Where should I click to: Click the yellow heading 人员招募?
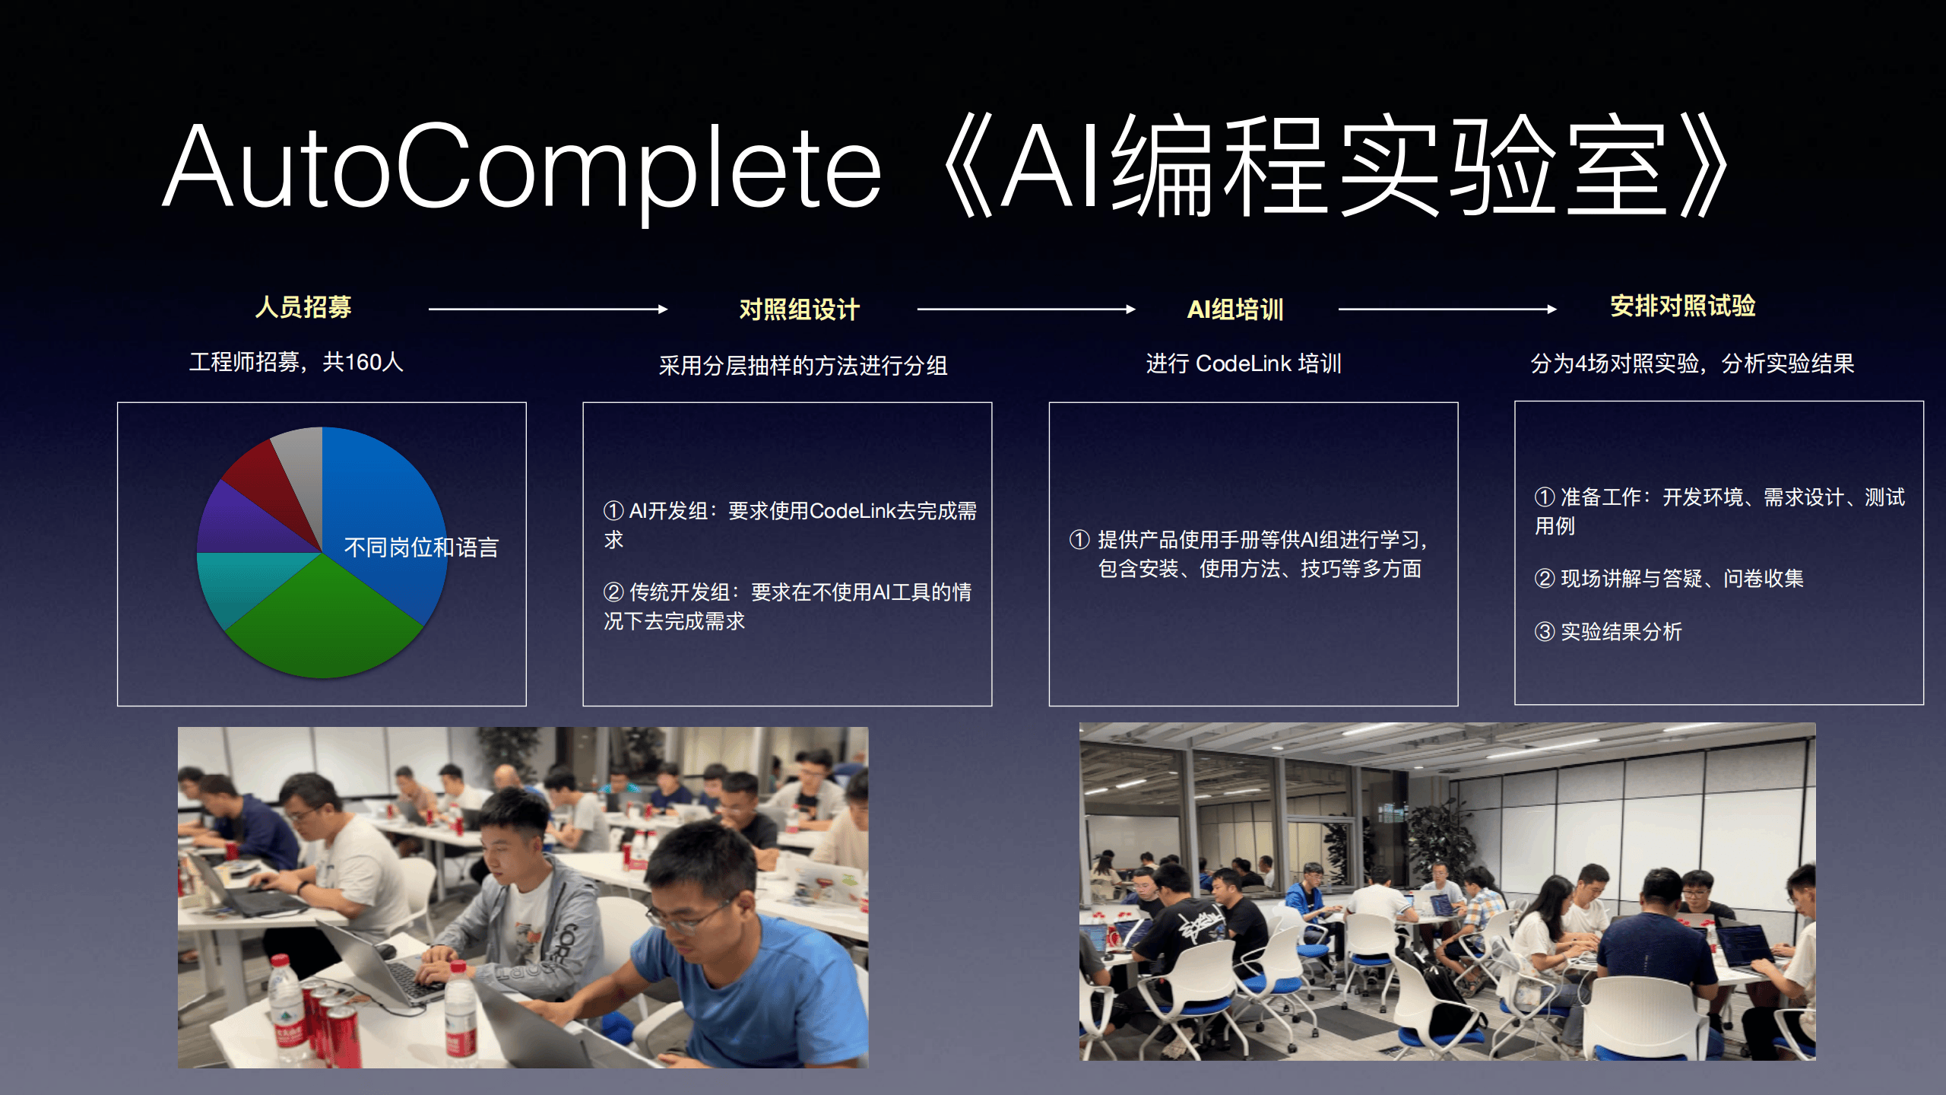click(303, 307)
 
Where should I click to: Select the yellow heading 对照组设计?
click(799, 309)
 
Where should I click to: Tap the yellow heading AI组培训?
click(1235, 309)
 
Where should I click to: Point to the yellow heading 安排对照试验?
click(1682, 306)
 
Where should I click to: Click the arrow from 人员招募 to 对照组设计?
click(547, 309)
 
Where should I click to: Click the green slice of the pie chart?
click(323, 624)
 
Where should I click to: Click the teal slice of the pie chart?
click(236, 586)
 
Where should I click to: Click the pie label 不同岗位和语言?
click(421, 547)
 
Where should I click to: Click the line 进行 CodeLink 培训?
click(1244, 363)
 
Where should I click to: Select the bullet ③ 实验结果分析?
click(1608, 631)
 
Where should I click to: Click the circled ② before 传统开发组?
click(613, 592)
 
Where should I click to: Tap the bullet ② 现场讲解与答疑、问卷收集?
click(1669, 579)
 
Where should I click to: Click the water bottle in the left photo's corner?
click(285, 1004)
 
